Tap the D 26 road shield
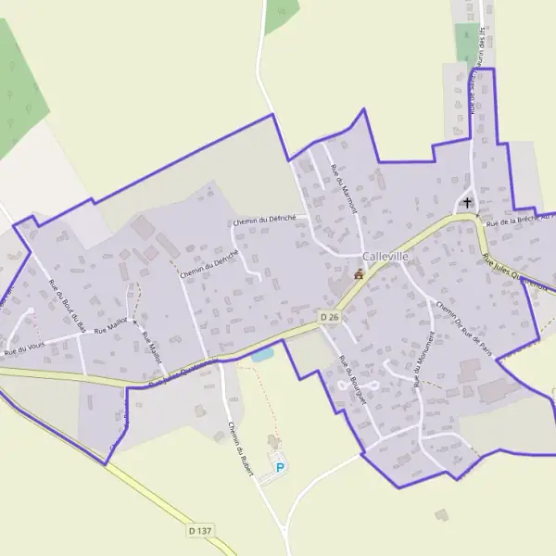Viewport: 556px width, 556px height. [x=329, y=317]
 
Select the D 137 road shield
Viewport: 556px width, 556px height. [x=199, y=531]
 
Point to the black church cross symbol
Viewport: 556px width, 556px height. [x=468, y=202]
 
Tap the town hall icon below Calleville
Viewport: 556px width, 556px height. [x=360, y=274]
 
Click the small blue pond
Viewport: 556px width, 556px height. [x=261, y=354]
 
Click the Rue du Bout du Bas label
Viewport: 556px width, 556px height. [x=67, y=305]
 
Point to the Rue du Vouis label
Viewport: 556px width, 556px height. [x=25, y=349]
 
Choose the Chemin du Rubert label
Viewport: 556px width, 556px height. [x=240, y=449]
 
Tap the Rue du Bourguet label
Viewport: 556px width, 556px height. [x=353, y=380]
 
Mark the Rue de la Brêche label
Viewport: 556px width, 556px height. [x=518, y=220]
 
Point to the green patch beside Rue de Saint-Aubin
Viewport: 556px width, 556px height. [x=467, y=41]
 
